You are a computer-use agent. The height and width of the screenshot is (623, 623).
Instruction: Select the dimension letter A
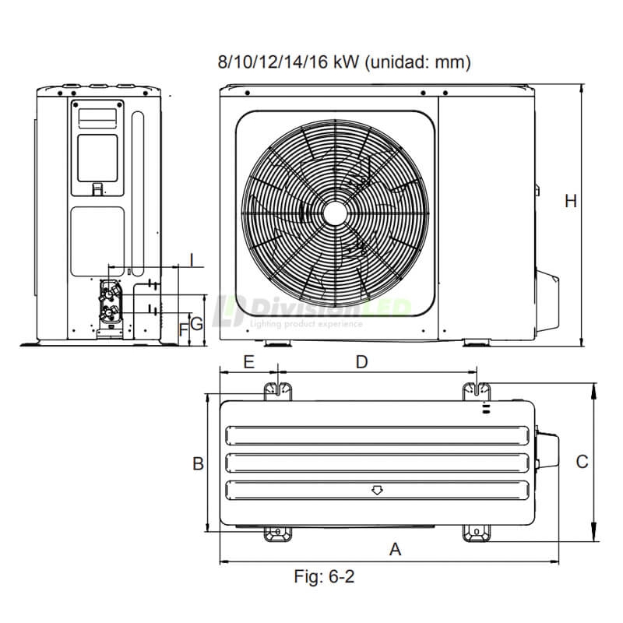[x=395, y=549]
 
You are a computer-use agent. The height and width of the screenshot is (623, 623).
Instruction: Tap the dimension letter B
[x=199, y=463]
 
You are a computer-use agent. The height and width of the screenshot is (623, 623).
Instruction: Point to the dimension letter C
[x=582, y=462]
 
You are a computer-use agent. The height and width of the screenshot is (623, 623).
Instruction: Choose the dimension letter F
[x=184, y=329]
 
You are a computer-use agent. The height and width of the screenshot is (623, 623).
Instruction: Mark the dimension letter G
[x=197, y=323]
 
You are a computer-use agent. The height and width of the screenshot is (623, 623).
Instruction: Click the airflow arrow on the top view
[x=377, y=491]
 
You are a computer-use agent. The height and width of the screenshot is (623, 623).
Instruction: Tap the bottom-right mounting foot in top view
[x=477, y=533]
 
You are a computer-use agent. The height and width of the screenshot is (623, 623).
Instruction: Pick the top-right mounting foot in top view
[x=477, y=389]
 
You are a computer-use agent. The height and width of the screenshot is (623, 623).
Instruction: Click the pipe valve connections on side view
[x=112, y=301]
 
